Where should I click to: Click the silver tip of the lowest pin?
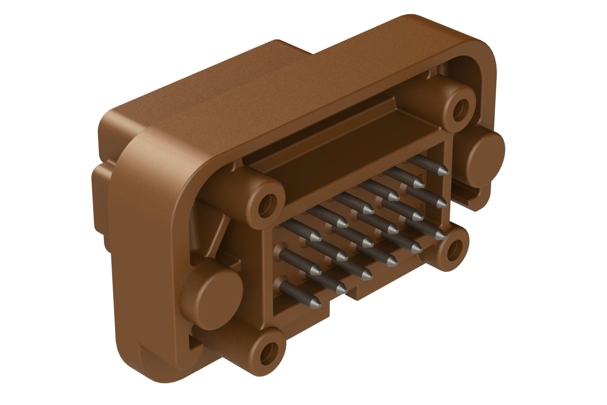pyautogui.click(x=316, y=302)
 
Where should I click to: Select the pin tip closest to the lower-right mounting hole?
pyautogui.click(x=440, y=235)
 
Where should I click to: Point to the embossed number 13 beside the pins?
pyautogui.click(x=422, y=209)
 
